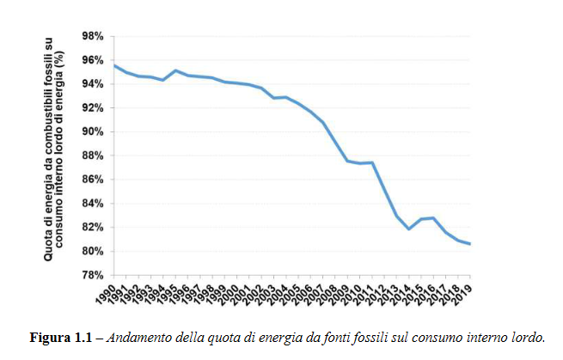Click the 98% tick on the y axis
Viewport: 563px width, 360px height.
pos(92,36)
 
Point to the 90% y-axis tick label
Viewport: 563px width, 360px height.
pos(92,131)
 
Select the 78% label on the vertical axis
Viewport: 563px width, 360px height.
pos(92,275)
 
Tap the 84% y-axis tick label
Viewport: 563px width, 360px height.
pos(92,204)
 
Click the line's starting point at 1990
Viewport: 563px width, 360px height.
pos(114,65)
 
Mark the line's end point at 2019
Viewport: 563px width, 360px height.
pos(469,244)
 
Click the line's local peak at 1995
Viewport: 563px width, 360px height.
pos(175,70)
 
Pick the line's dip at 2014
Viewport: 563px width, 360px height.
pos(408,229)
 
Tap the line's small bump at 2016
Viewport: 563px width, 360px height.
pos(432,218)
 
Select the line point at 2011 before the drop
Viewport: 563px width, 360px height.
pos(371,162)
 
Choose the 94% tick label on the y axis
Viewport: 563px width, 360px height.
pos(92,84)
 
